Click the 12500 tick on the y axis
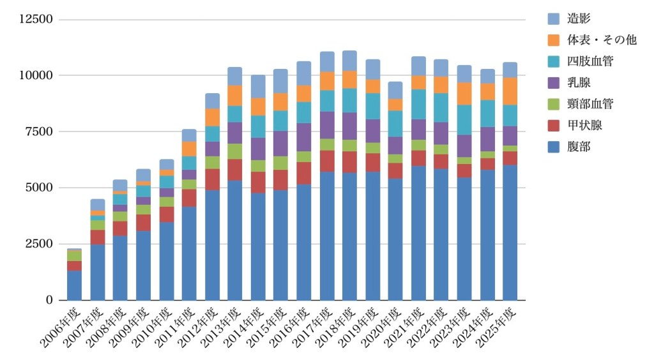36,19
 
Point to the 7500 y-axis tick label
39,131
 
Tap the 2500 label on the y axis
39,244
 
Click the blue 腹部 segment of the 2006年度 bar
74,285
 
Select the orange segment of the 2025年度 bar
510,91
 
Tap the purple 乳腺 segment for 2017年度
326,125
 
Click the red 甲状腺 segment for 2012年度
212,179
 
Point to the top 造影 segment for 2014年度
258,86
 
